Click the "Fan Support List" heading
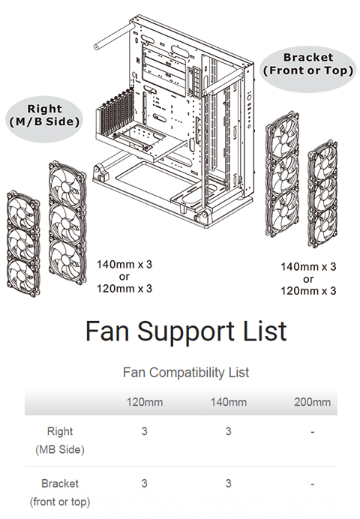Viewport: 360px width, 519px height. pos(186,331)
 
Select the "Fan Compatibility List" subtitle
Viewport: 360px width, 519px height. pos(186,372)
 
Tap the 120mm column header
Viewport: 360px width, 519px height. pos(145,402)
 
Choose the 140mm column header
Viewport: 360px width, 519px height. pos(229,402)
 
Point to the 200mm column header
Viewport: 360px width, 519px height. pos(312,402)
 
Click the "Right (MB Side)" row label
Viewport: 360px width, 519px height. pos(60,440)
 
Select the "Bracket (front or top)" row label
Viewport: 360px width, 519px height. pos(60,493)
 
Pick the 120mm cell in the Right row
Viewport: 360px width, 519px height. pos(144,431)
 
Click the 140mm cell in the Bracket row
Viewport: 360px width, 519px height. pos(228,484)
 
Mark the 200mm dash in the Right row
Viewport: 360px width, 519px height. pos(312,432)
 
